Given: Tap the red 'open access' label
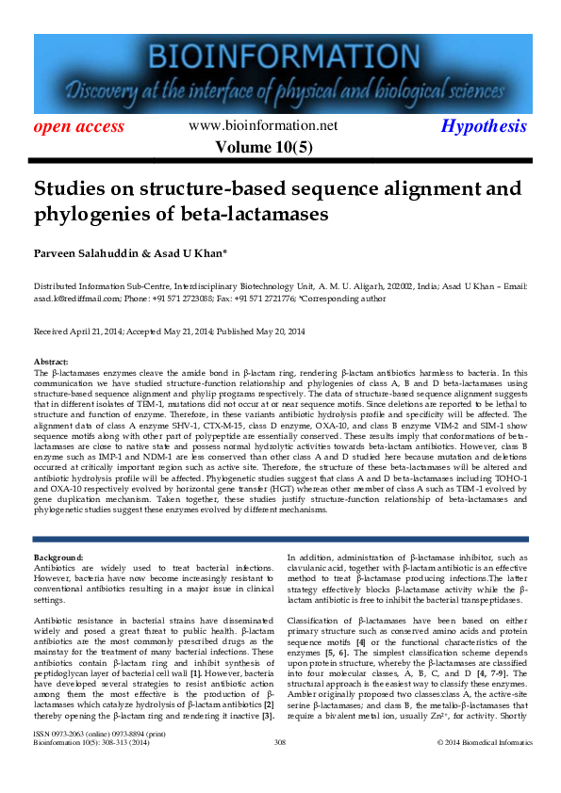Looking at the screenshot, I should [79, 126].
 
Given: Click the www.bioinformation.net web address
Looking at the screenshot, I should [263, 125].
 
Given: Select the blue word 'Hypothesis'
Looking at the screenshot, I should [485, 126].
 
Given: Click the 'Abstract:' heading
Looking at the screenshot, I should [50, 362].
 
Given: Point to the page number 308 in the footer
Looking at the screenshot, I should [279, 769].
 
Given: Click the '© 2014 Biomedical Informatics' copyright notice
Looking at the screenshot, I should [481, 769].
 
